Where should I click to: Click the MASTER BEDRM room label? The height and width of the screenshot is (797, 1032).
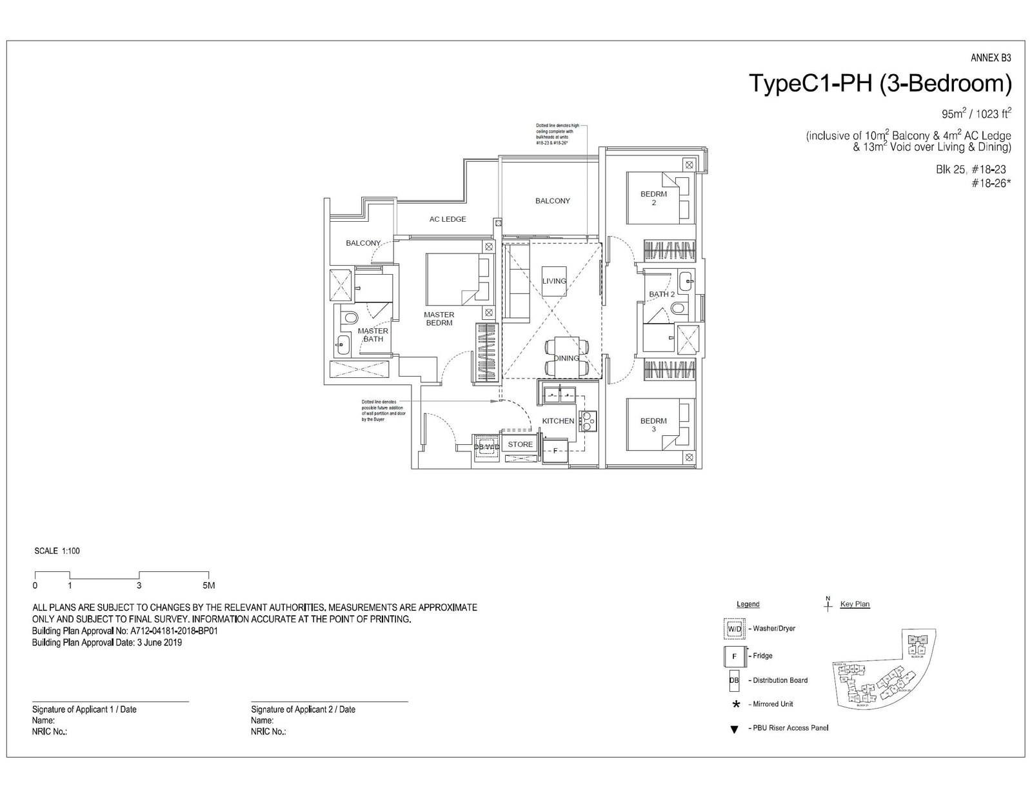(x=439, y=319)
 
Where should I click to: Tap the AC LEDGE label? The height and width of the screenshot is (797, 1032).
(x=448, y=219)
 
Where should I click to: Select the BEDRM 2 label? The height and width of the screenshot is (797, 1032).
(x=653, y=198)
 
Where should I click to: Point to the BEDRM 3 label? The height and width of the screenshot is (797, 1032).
(x=653, y=425)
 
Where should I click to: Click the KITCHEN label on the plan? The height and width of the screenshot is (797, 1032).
(x=558, y=421)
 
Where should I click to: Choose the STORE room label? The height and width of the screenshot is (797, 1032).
(x=520, y=444)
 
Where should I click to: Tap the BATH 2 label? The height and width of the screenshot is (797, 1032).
(x=662, y=294)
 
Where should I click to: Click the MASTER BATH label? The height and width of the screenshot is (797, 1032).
(x=373, y=335)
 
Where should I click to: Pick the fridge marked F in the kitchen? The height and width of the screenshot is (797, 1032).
(x=555, y=451)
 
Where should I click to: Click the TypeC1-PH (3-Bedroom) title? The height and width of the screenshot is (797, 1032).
(x=879, y=84)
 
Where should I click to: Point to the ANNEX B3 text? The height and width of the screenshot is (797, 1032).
(x=991, y=58)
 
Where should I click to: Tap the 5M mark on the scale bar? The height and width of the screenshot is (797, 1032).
(x=208, y=586)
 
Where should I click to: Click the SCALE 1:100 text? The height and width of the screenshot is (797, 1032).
(x=57, y=551)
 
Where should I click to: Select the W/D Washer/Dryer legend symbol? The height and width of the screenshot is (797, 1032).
(x=734, y=628)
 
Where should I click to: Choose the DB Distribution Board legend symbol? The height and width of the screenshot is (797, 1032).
(x=733, y=680)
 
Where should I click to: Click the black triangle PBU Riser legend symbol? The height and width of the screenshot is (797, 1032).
(x=733, y=729)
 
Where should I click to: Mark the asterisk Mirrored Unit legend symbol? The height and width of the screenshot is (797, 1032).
(x=735, y=704)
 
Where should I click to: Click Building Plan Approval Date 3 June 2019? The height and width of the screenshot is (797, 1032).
(x=107, y=643)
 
